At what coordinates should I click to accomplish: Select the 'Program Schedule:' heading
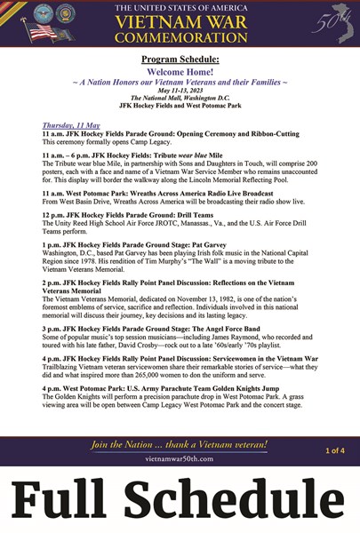click(x=180, y=60)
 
